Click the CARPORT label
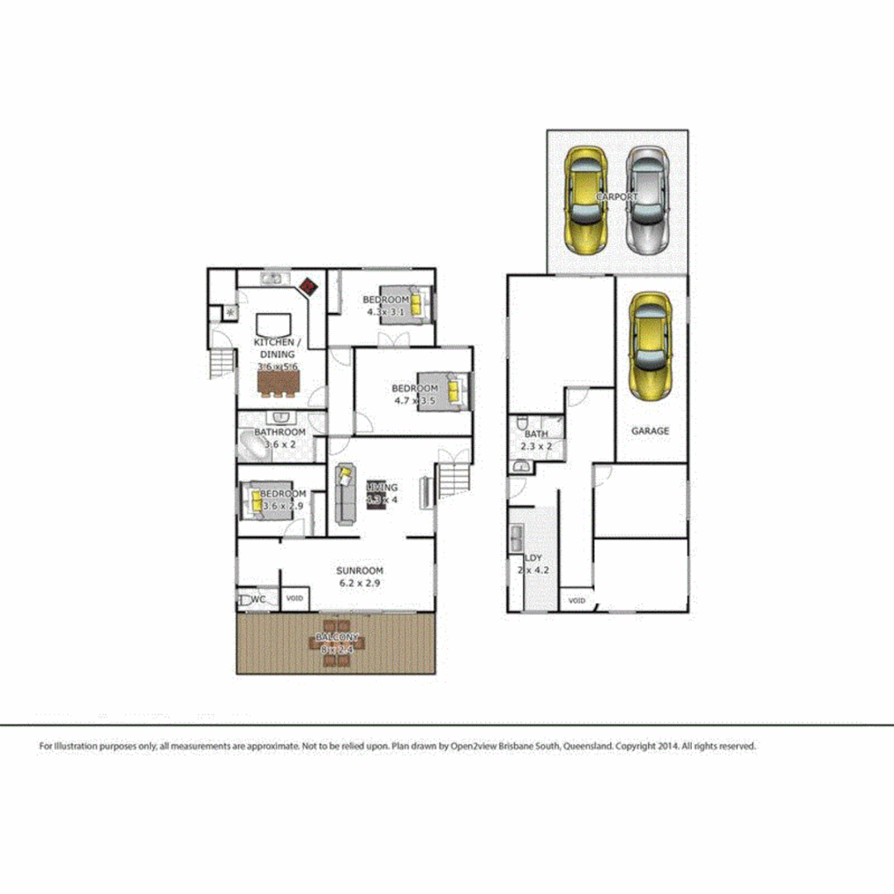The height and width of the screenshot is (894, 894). coord(617,197)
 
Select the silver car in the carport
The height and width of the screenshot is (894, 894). coord(646,200)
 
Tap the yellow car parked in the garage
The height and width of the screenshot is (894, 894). coord(652,347)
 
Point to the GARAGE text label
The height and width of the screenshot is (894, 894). coord(650,430)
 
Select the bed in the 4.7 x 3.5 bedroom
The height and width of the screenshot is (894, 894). coord(451,391)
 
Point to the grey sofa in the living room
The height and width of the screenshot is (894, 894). coord(345,494)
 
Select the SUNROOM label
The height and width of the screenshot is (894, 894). coord(359,571)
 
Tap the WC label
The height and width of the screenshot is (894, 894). coord(258,598)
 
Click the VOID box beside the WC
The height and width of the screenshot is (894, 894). coord(295,598)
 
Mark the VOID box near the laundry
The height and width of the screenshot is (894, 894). coord(576,600)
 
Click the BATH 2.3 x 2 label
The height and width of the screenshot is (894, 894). coord(536,440)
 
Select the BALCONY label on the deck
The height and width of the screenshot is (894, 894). coord(337,638)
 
